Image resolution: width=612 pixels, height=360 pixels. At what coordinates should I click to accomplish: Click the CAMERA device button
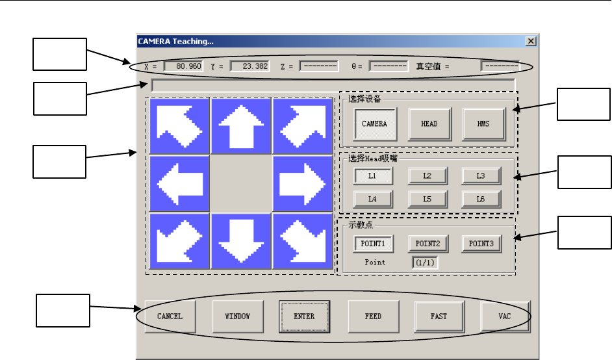pos(374,123)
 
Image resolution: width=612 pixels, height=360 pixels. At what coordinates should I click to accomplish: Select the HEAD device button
pos(429,123)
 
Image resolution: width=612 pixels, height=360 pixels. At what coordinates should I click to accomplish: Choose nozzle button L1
pos(372,176)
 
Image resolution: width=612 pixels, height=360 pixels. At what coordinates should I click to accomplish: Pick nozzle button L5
pos(427,199)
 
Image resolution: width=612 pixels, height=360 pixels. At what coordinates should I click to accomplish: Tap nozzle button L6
pos(481,199)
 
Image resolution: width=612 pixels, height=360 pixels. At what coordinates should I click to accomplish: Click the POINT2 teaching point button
pos(427,244)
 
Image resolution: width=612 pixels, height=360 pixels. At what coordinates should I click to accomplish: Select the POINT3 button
pos(481,244)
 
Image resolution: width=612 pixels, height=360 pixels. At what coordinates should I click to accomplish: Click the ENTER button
pos(304,316)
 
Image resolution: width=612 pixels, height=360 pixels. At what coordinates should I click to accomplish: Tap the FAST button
pos(439,316)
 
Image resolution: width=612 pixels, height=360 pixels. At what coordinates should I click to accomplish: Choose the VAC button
pos(505,316)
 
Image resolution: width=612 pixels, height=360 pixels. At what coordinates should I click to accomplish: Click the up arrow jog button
pos(240,126)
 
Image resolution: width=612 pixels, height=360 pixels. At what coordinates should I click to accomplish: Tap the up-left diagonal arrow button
pos(179,126)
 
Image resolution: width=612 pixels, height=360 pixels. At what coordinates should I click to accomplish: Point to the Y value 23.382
pos(249,66)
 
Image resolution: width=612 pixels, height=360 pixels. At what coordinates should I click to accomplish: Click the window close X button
pos(531,41)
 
